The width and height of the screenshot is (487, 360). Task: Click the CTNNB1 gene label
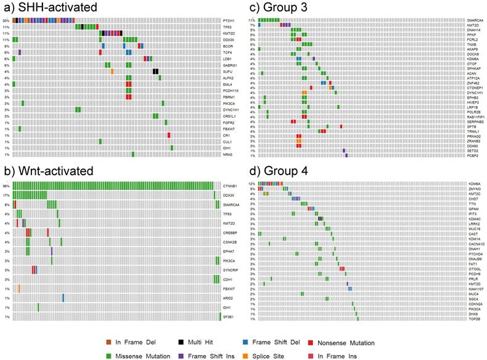(x=231, y=185)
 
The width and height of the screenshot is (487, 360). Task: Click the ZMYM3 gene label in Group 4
(x=474, y=189)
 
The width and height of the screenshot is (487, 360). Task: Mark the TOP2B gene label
(x=474, y=319)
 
